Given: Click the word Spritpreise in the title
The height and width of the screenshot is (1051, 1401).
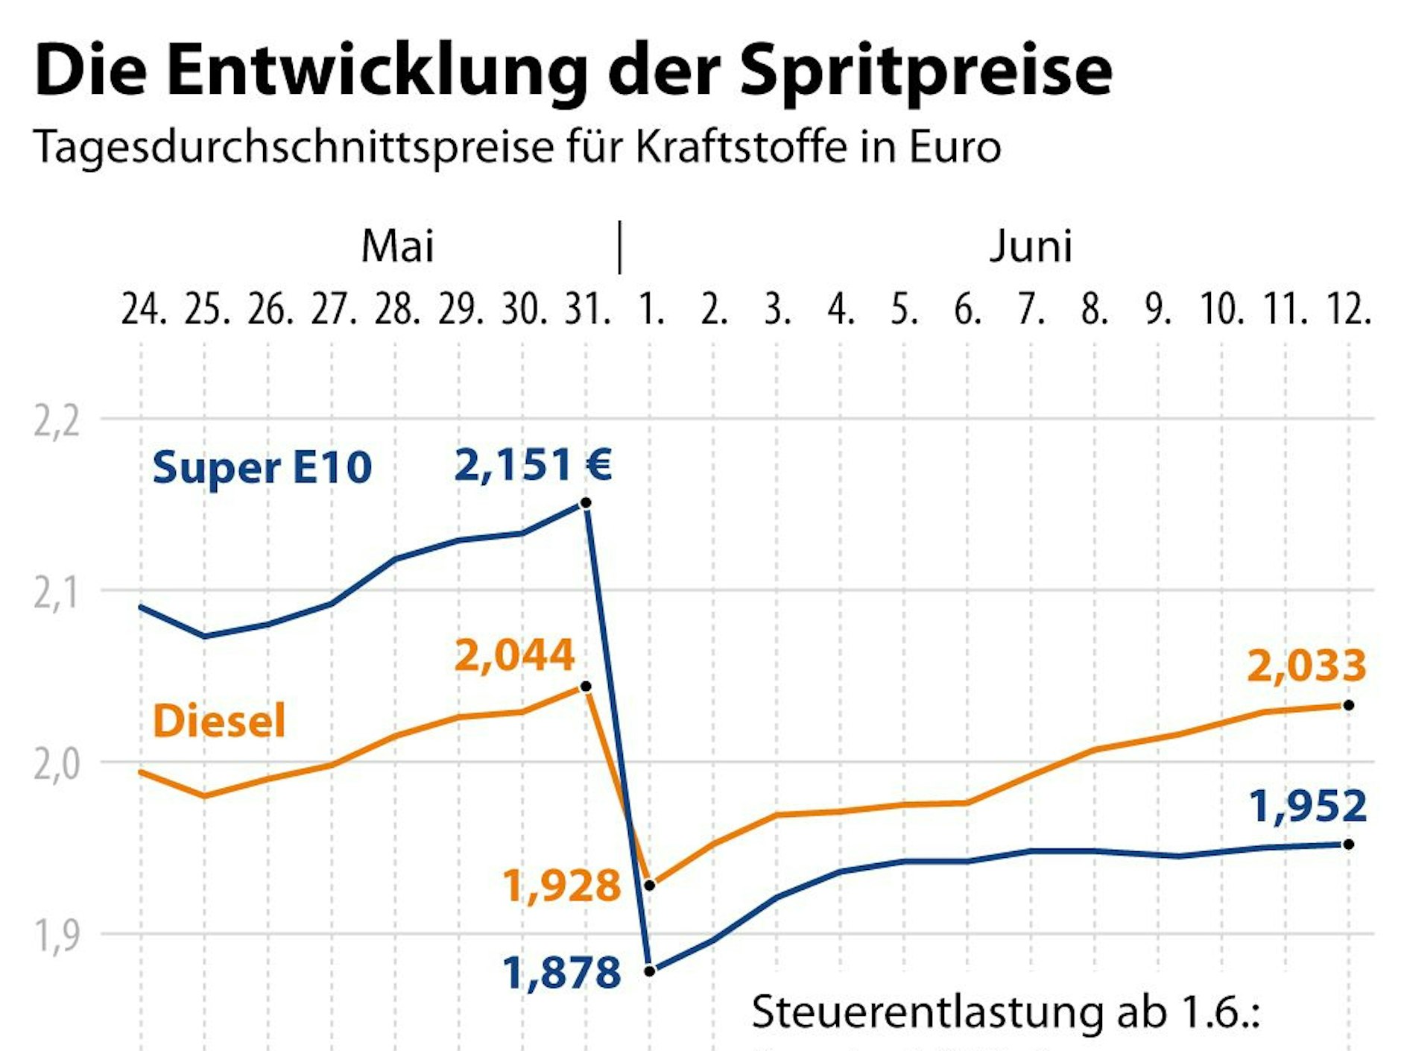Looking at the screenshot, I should [x=926, y=71].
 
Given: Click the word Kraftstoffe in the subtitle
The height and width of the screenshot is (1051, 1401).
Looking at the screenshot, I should [x=741, y=147].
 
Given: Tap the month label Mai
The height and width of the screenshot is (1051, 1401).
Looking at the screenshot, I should [x=397, y=246].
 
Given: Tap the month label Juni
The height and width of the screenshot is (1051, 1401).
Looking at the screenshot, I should [x=1031, y=246].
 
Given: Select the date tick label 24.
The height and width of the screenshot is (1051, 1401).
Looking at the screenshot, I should [x=143, y=309].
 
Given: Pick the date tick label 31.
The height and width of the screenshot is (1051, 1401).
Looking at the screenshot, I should [x=587, y=309].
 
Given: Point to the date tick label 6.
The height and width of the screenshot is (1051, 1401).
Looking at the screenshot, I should [x=967, y=309].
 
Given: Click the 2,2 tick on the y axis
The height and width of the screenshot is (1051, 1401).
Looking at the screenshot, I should [x=57, y=422].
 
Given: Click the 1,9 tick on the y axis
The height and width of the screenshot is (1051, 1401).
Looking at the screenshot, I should [x=57, y=936].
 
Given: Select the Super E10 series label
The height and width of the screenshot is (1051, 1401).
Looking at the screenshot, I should [x=262, y=468].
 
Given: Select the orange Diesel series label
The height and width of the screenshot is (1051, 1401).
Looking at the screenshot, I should [x=219, y=722].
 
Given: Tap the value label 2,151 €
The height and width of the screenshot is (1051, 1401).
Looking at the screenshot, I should [x=533, y=465].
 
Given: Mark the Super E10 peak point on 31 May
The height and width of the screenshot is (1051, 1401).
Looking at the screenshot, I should [x=586, y=503].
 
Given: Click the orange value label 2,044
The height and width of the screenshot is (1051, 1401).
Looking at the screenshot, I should [x=514, y=656].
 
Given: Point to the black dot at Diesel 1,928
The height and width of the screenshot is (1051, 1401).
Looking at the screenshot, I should [x=649, y=886].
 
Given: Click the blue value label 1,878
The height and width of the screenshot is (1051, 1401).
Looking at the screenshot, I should [x=561, y=973].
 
